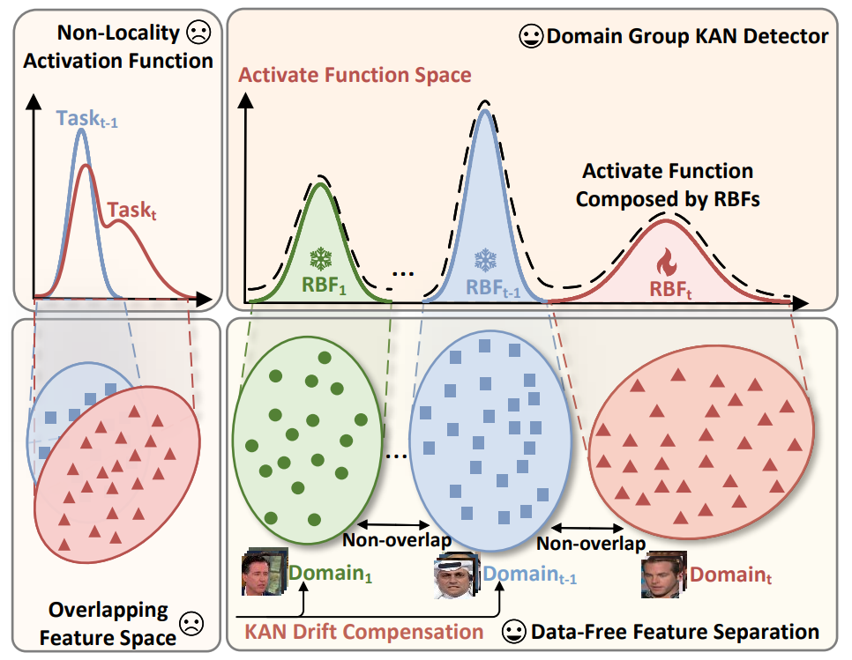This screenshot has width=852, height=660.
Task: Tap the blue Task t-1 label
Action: pyautogui.click(x=86, y=120)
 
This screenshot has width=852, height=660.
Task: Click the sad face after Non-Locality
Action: pyautogui.click(x=196, y=34)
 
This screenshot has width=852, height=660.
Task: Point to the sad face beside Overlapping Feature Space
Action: pyautogui.click(x=190, y=624)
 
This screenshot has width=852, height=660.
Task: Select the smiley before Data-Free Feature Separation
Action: pyautogui.click(x=512, y=631)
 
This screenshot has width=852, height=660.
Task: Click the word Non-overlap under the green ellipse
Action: pyautogui.click(x=396, y=540)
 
